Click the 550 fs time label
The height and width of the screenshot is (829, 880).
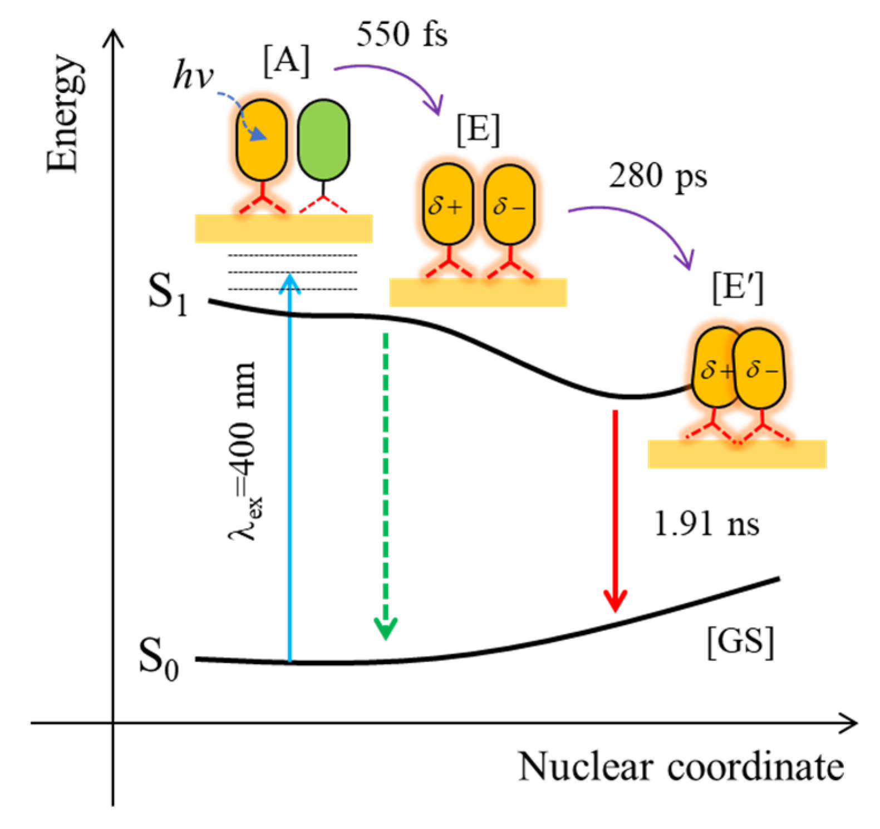coord(402,34)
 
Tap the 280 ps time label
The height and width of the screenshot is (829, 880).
coord(658,177)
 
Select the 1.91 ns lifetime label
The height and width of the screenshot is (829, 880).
coord(706,524)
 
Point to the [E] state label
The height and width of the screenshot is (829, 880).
coord(478,130)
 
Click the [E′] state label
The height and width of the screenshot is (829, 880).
coord(738,288)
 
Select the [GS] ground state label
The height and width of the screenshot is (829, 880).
coord(740,643)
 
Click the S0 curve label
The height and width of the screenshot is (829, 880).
coord(159,659)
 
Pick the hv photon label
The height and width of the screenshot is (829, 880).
coord(193,75)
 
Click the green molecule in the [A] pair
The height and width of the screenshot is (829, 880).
coord(323,140)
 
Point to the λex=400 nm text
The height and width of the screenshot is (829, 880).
coord(244,451)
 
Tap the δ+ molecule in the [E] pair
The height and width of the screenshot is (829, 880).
coord(448,205)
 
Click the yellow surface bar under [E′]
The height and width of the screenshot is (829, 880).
coord(736,454)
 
